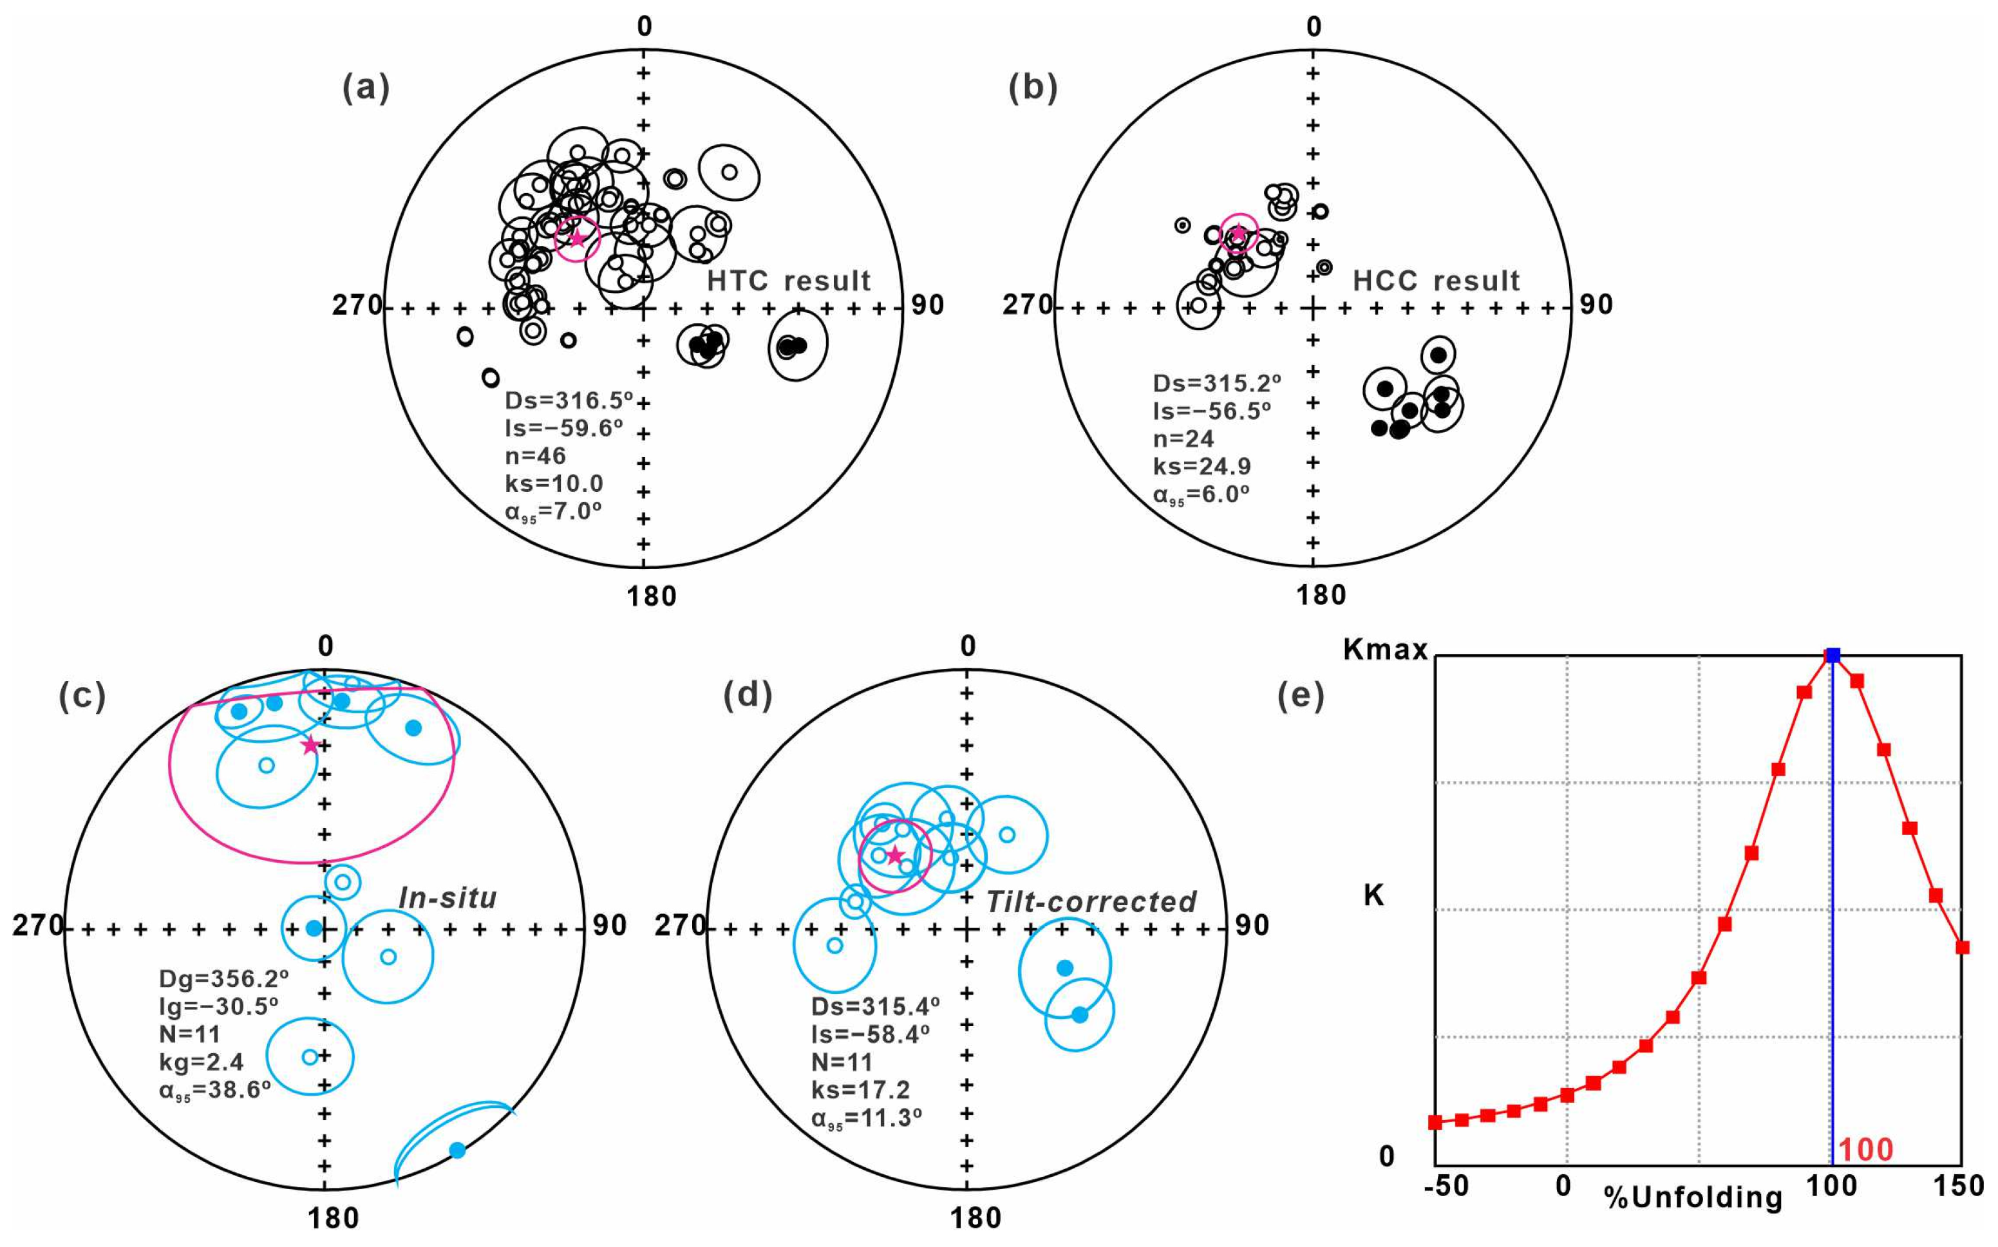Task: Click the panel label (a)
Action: tap(366, 88)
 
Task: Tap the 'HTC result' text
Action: tap(789, 281)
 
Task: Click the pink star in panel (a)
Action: tap(578, 238)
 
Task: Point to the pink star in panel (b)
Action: tap(1238, 234)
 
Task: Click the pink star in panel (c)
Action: tap(309, 745)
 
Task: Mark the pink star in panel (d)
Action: tap(895, 855)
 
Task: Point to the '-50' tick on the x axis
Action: tap(1446, 1186)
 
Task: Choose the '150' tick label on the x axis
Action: tap(1959, 1186)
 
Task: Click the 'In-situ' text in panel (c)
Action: tap(448, 897)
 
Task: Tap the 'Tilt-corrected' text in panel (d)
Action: tap(1091, 901)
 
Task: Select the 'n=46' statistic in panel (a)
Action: tap(535, 456)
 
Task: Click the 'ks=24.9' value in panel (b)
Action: tap(1202, 467)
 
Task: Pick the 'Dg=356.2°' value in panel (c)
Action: tap(223, 979)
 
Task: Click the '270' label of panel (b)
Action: tap(1027, 305)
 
